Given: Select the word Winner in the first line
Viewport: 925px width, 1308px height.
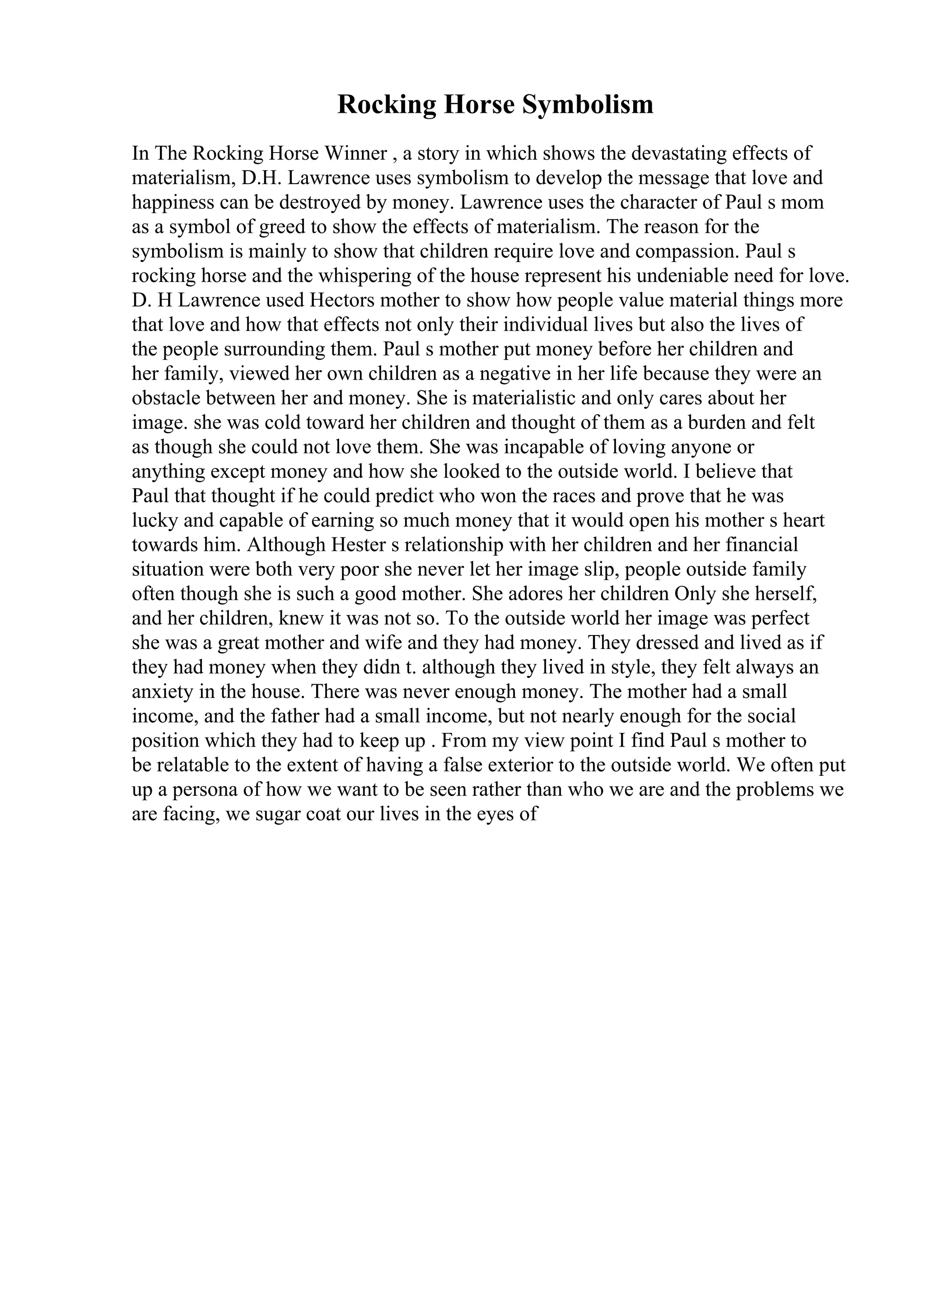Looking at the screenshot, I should (355, 153).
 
